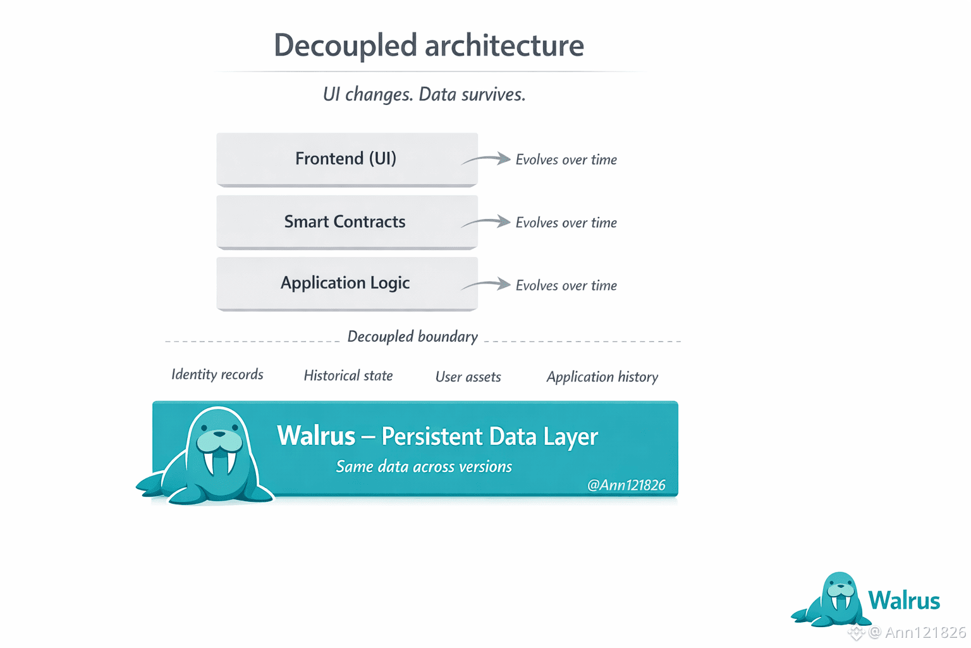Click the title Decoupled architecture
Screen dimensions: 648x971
click(x=429, y=46)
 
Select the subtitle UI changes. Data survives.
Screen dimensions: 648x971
click(x=424, y=94)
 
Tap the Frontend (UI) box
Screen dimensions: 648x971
click(x=346, y=158)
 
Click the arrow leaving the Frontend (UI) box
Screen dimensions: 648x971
click(x=487, y=159)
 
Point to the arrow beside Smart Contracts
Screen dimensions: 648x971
click(x=487, y=222)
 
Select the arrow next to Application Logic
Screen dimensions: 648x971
click(x=487, y=285)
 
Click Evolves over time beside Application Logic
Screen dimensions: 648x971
click(x=566, y=285)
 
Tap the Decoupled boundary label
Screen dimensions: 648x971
click(x=412, y=337)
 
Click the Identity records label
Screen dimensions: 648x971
click(x=217, y=375)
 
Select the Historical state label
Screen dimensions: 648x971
click(x=348, y=376)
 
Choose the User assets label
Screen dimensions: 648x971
click(x=468, y=377)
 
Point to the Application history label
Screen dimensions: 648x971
click(x=602, y=377)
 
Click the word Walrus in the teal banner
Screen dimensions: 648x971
click(x=316, y=436)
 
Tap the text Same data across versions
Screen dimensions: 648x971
click(x=424, y=467)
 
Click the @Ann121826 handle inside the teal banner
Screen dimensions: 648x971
click(x=626, y=485)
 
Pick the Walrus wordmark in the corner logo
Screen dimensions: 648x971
click(x=904, y=601)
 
